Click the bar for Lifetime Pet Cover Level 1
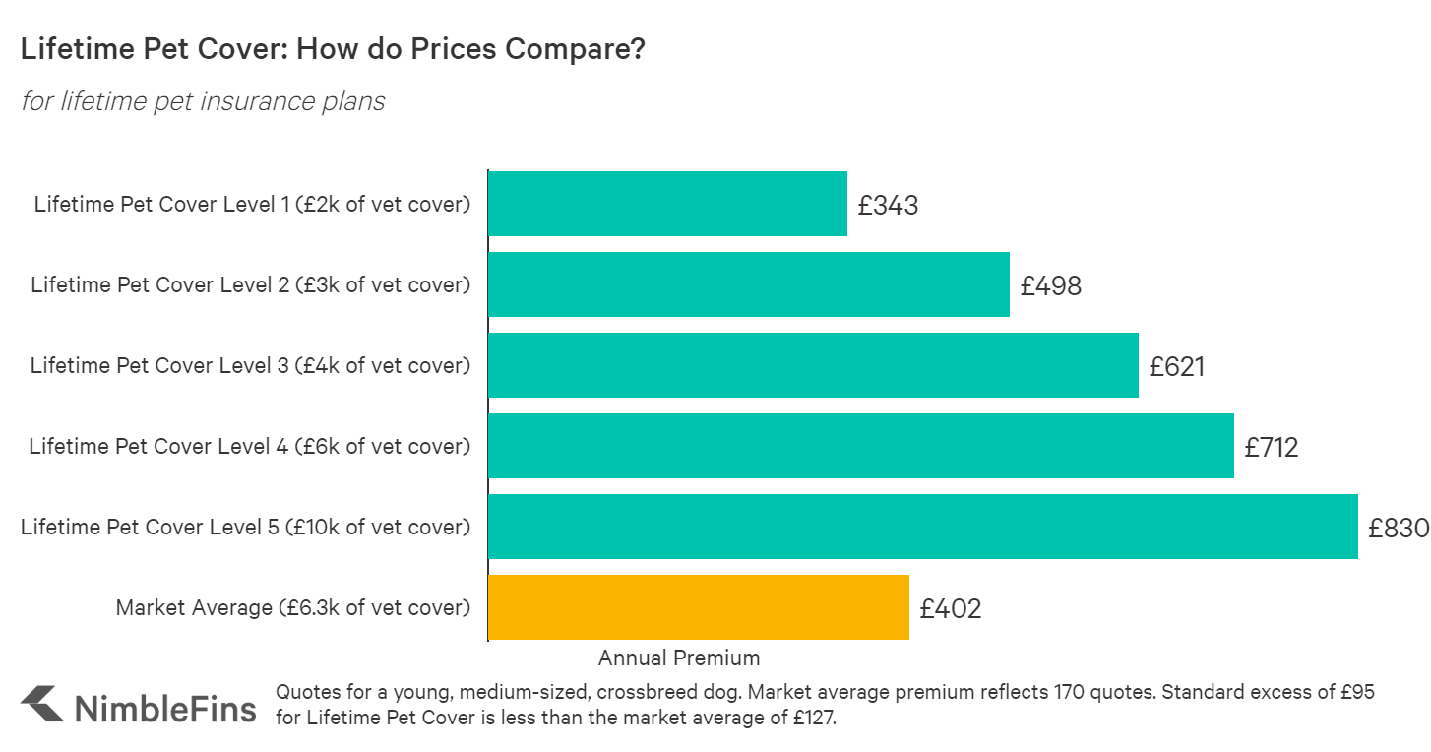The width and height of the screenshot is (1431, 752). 667,204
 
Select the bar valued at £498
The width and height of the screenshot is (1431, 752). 749,284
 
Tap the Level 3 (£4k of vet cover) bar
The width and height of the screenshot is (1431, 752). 813,365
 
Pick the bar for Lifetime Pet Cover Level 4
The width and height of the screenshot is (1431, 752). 861,446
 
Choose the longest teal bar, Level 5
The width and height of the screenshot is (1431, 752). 923,527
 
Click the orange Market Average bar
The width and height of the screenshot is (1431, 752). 699,607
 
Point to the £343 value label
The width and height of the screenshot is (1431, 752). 888,206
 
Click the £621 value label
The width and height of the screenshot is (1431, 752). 1176,367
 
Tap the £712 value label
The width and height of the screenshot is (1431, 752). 1272,448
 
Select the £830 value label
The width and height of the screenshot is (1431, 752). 1398,529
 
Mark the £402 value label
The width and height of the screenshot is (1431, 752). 951,609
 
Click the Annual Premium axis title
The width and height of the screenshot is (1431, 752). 679,658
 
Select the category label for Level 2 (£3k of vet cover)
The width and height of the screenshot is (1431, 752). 251,285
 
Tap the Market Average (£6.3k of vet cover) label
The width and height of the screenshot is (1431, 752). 293,608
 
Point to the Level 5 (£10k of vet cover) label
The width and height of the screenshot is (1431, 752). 246,528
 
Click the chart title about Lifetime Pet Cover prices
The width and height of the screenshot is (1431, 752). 333,50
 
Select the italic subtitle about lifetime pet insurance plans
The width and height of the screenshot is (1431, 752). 203,101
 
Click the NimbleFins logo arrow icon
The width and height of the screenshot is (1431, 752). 42,704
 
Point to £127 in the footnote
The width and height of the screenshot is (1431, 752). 813,719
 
